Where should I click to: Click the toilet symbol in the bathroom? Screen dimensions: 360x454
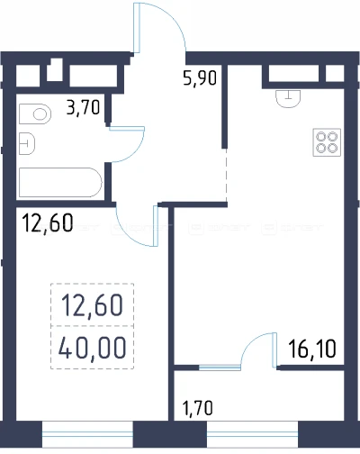35,114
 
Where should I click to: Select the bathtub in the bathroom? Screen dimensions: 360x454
60,183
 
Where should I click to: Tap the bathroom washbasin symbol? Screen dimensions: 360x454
27,144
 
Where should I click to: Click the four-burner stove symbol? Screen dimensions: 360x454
327,142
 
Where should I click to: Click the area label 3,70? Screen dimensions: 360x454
83,107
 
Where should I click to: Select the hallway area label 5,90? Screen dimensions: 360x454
200,77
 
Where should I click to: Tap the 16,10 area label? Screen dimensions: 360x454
312,349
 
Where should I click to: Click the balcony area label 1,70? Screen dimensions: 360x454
198,408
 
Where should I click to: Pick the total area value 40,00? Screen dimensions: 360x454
93,348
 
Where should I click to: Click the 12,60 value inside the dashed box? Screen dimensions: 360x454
93,305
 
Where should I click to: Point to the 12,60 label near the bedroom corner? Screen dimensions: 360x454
48,222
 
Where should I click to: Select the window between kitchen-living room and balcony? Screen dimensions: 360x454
220,368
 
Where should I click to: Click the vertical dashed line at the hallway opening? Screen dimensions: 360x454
227,175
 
